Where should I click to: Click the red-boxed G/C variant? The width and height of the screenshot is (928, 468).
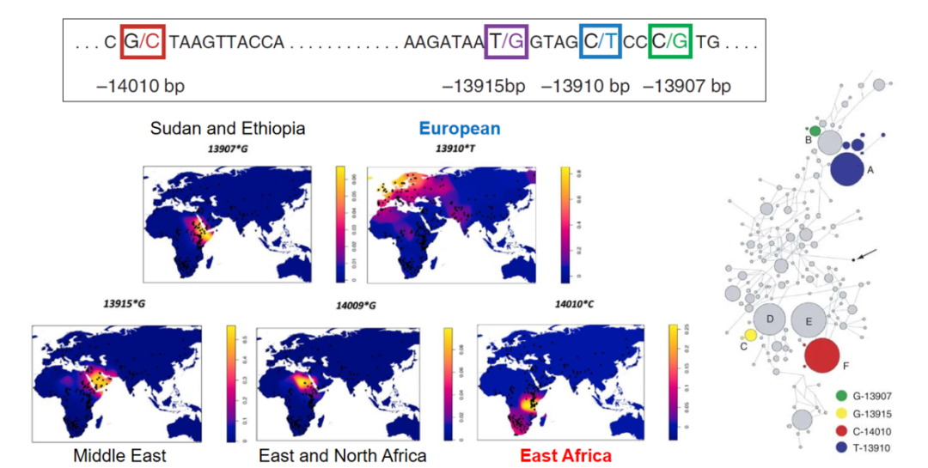(x=142, y=40)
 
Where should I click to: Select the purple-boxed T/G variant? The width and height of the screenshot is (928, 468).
(x=505, y=40)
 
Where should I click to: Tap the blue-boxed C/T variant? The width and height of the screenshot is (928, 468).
(x=600, y=40)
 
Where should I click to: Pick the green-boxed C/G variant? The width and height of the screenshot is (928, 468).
(x=670, y=40)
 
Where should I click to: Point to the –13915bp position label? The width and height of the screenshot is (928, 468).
(x=483, y=87)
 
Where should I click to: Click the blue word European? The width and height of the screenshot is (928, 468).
(x=460, y=129)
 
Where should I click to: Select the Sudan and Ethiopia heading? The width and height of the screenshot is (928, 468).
(x=228, y=129)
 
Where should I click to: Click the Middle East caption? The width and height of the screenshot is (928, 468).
(x=119, y=455)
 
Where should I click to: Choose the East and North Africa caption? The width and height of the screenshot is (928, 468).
(x=342, y=455)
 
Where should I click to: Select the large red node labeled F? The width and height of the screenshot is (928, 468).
(x=822, y=355)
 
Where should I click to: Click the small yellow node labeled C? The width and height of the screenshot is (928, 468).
(x=750, y=335)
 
